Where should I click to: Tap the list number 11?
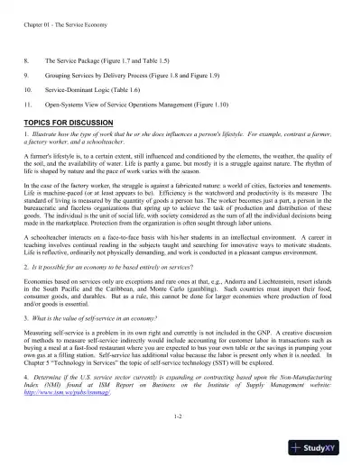(x=29, y=107)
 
